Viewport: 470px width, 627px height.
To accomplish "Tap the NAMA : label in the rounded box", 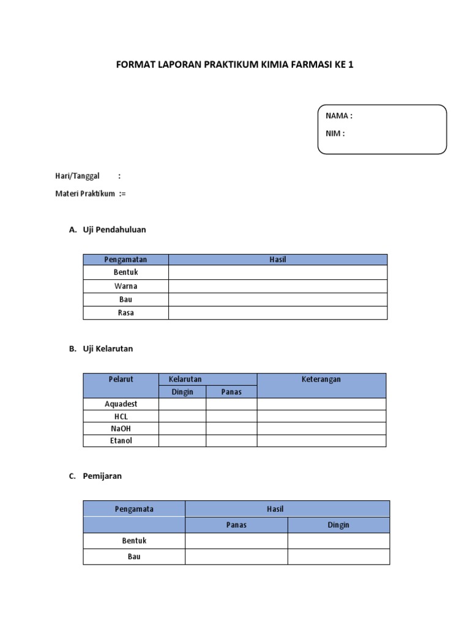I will [x=338, y=116].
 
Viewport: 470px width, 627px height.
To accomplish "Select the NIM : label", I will [x=335, y=133].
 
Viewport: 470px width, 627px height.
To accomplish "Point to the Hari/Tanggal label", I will [x=77, y=176].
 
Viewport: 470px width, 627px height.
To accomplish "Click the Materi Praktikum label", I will [x=85, y=194].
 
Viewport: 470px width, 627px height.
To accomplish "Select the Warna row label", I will [x=125, y=286].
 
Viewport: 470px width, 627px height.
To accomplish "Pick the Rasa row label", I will [x=125, y=313].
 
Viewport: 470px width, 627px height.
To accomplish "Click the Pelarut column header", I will [x=121, y=379].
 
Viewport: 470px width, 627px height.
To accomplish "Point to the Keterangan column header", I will [x=321, y=379].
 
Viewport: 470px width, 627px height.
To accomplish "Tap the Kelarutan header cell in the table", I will [x=185, y=379].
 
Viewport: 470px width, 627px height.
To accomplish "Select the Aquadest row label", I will [x=121, y=404].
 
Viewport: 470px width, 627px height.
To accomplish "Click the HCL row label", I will [x=121, y=416].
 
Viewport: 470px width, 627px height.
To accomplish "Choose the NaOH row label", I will [x=121, y=429].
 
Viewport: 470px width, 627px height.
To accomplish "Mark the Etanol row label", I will [x=121, y=441].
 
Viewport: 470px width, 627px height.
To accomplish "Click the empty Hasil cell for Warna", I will [x=277, y=286].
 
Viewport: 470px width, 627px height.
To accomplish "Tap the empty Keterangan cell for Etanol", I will [x=321, y=441].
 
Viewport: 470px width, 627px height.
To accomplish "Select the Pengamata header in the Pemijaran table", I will [x=134, y=509].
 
